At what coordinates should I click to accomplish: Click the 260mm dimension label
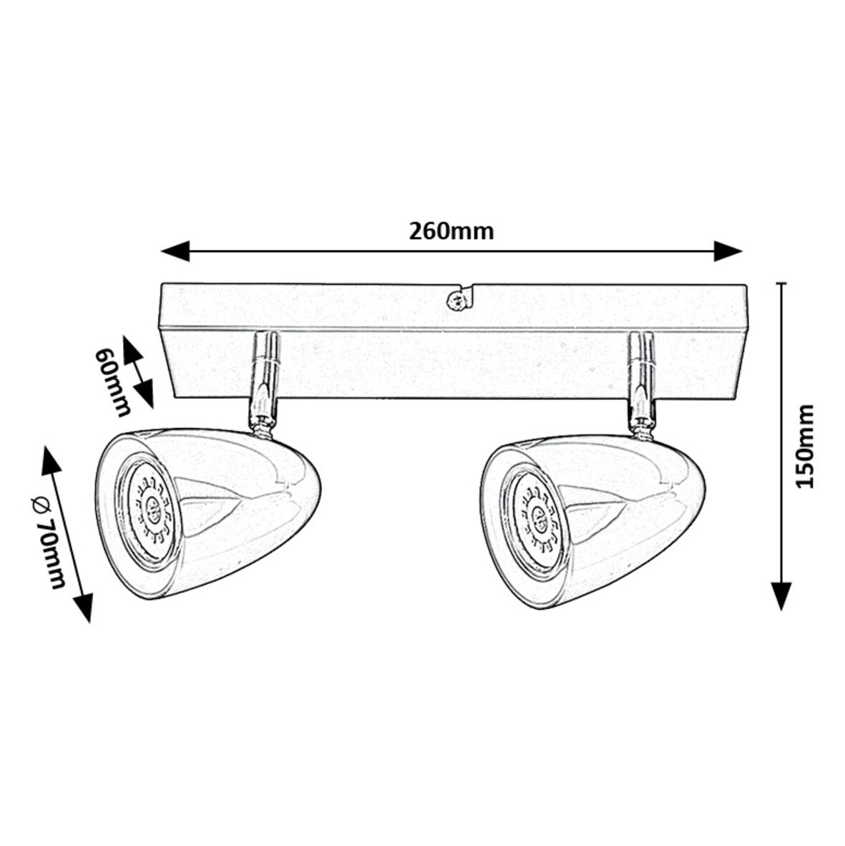pyautogui.click(x=451, y=231)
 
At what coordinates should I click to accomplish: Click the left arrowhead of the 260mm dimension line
pyautogui.click(x=175, y=251)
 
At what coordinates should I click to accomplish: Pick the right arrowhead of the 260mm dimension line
pyautogui.click(x=728, y=251)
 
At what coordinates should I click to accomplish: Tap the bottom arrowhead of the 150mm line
pyautogui.click(x=781, y=596)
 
